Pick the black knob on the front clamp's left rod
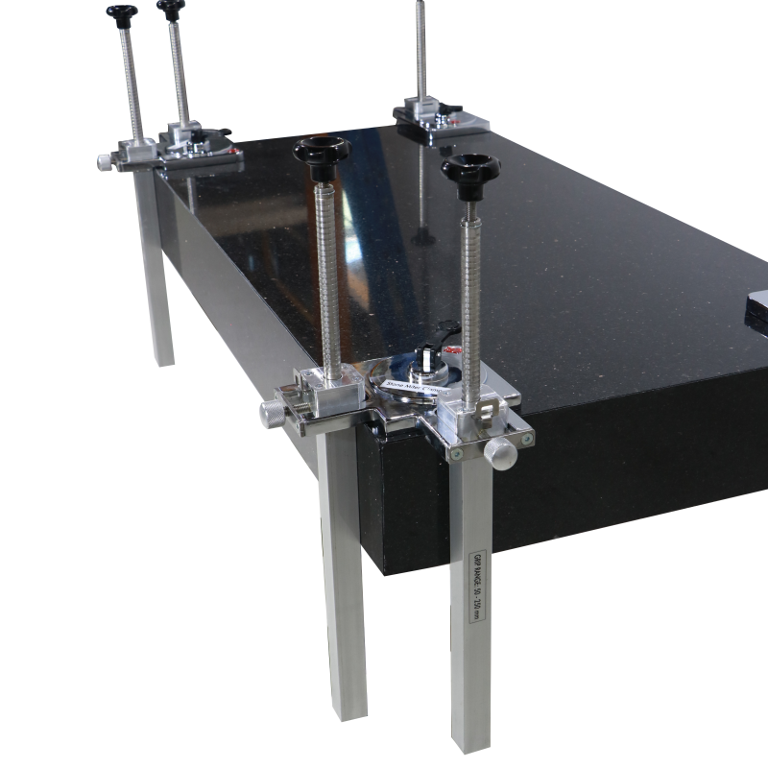click(322, 153)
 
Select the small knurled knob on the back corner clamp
click(105, 162)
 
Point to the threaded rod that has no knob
click(420, 48)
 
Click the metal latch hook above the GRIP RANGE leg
click(486, 413)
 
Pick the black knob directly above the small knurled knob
click(122, 13)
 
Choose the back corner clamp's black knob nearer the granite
click(171, 10)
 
